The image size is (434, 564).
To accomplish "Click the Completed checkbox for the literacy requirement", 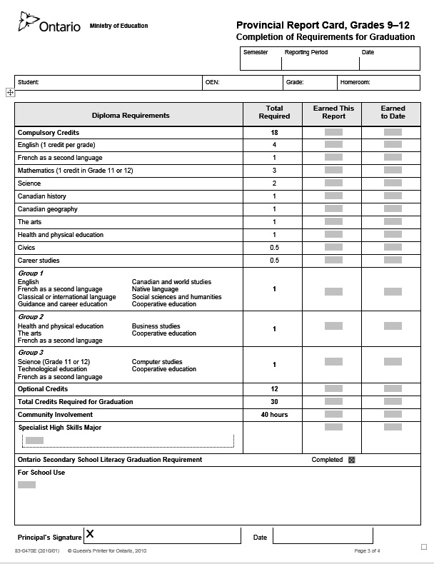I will (351, 460).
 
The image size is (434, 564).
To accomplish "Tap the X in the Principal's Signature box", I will (90, 533).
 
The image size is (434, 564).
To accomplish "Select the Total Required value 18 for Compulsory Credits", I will (274, 133).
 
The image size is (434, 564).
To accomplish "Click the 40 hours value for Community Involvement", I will (274, 415).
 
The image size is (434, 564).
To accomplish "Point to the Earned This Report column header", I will (333, 112).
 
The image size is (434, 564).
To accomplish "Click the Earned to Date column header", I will (393, 112).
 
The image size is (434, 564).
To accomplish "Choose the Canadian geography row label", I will (48, 209).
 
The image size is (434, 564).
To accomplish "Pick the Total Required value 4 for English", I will (274, 145).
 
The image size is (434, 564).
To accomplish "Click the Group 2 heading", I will (31, 317).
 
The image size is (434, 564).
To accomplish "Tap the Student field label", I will (29, 82).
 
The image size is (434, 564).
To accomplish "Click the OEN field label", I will (212, 82).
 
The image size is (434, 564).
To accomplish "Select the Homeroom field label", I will (355, 82).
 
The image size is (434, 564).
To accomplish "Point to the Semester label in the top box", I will (256, 53).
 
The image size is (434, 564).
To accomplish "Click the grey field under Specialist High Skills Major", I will (34, 440).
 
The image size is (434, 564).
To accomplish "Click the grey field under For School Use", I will (26, 485).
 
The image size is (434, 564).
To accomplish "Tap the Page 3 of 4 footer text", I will (367, 551).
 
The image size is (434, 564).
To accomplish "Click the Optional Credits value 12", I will (274, 389).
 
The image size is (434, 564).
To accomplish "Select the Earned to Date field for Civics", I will (393, 248).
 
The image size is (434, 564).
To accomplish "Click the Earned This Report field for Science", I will (333, 183).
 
